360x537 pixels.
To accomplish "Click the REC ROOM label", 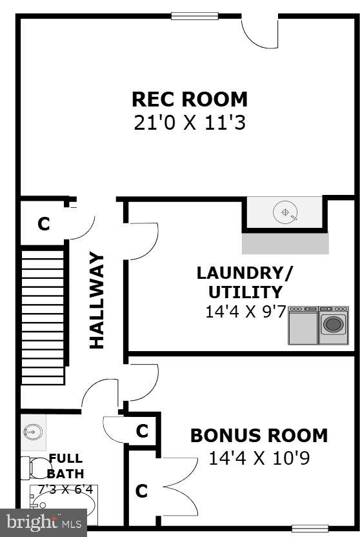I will [190, 99].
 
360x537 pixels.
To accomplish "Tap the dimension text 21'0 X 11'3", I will [190, 123].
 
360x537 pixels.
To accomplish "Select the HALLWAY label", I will [97, 300].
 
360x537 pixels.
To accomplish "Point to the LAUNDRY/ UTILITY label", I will [245, 282].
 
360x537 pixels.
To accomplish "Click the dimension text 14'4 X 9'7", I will [245, 312].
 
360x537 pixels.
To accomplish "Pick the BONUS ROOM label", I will [259, 436].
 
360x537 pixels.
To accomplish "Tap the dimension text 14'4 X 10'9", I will [259, 458].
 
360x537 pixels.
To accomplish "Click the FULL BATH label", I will [66, 465].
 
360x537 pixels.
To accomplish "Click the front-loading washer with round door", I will [334, 325].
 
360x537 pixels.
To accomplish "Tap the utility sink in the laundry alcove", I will [285, 212].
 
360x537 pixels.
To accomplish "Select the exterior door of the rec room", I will [259, 32].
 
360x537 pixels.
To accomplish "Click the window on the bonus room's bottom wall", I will [310, 528].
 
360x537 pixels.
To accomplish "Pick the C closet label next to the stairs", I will [43, 224].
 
